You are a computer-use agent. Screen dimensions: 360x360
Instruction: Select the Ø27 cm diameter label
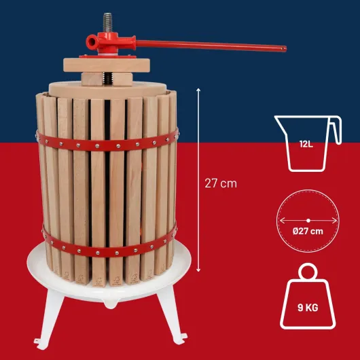click(308, 231)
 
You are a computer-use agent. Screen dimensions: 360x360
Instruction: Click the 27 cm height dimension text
click(221, 183)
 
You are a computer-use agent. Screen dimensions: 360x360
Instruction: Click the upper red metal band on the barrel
click(109, 143)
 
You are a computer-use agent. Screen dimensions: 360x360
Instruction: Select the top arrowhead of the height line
click(199, 89)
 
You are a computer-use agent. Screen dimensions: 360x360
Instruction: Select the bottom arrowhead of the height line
click(199, 273)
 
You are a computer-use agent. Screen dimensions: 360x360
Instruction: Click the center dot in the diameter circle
click(308, 220)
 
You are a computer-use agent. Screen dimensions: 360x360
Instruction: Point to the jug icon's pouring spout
click(276, 121)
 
